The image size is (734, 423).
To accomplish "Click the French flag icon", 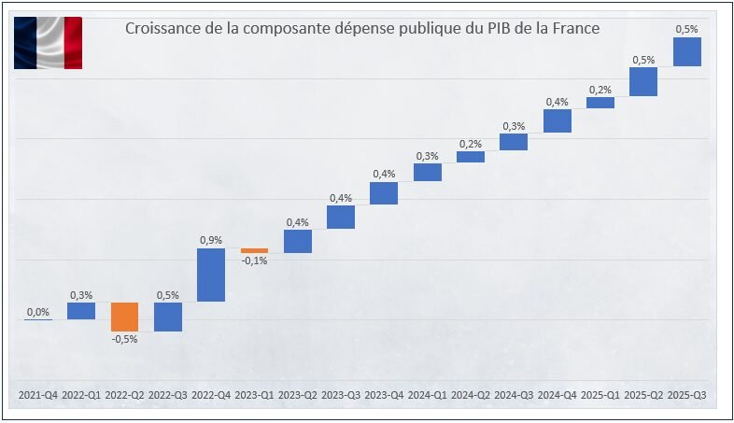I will click(x=48, y=43).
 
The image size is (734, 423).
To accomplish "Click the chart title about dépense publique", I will click(x=361, y=29).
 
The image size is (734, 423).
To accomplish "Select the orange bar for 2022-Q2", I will click(x=124, y=317).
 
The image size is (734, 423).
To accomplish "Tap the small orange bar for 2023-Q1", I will click(x=254, y=250).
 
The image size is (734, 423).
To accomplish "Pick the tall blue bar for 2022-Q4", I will click(x=211, y=275).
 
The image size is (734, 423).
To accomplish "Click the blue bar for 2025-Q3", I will click(x=687, y=51).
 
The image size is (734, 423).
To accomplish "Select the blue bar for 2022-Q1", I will click(x=81, y=311).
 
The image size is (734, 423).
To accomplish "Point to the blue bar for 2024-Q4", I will click(x=558, y=120).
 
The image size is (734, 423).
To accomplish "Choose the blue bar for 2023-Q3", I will click(x=341, y=217).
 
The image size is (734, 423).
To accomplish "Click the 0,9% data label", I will click(x=211, y=240).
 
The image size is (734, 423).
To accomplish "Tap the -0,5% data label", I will click(x=124, y=339).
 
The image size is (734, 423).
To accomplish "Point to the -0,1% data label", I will click(x=254, y=261).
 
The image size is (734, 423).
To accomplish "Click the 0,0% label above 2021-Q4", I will click(x=38, y=312).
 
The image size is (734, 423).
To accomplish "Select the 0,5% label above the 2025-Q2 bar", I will click(x=643, y=60).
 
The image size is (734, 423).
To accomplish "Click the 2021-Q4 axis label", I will click(x=38, y=396).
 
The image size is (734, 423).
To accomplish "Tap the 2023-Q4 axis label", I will click(x=384, y=396).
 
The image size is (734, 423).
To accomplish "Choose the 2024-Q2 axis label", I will click(x=471, y=396).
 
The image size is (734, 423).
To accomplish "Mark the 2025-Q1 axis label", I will click(x=600, y=396).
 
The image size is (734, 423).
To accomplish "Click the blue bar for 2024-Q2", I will click(x=471, y=157).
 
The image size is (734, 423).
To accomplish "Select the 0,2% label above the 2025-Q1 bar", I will click(x=600, y=90).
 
